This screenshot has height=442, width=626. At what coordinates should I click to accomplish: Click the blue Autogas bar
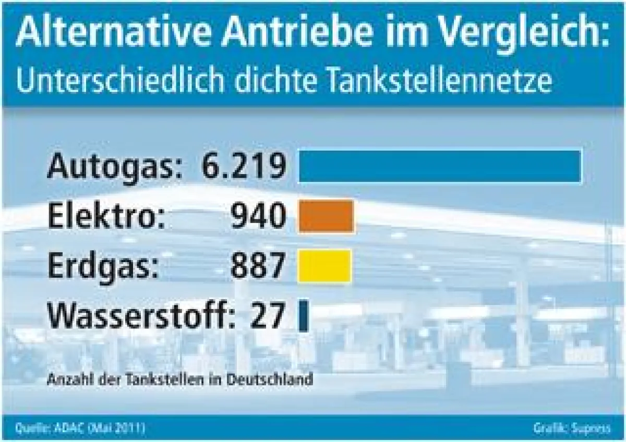point(440,166)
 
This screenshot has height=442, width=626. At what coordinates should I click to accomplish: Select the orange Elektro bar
point(326,216)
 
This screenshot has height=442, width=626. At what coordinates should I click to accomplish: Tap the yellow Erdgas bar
point(324,266)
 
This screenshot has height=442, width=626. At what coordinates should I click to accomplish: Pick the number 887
point(258,266)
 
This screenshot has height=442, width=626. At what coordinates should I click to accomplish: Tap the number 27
point(268,316)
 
